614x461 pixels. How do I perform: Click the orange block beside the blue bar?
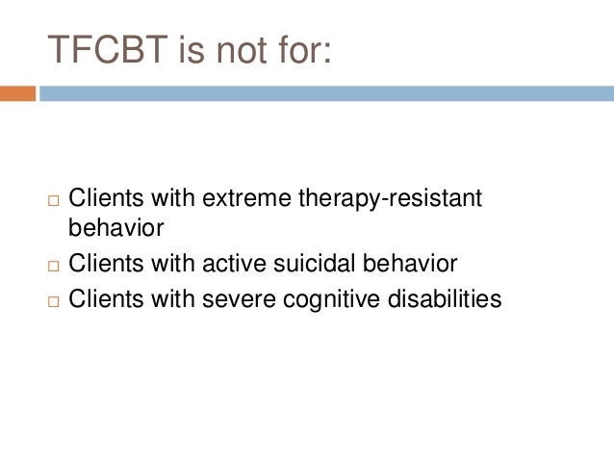tap(17, 93)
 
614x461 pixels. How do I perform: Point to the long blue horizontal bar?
tap(326, 93)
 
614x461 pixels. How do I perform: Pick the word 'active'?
tap(231, 263)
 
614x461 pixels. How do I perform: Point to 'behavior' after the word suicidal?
tap(409, 263)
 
